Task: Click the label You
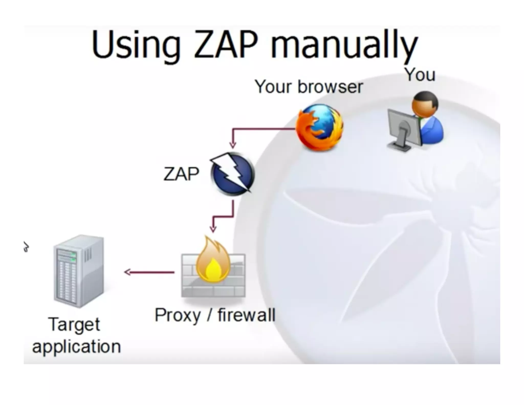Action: [420, 75]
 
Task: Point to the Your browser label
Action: [309, 87]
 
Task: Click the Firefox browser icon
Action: [320, 127]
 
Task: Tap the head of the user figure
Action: [425, 104]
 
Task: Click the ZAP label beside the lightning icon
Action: [181, 174]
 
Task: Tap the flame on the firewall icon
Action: [213, 261]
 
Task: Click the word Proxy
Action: [178, 315]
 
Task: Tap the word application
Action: [76, 347]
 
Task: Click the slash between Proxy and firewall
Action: [209, 315]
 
